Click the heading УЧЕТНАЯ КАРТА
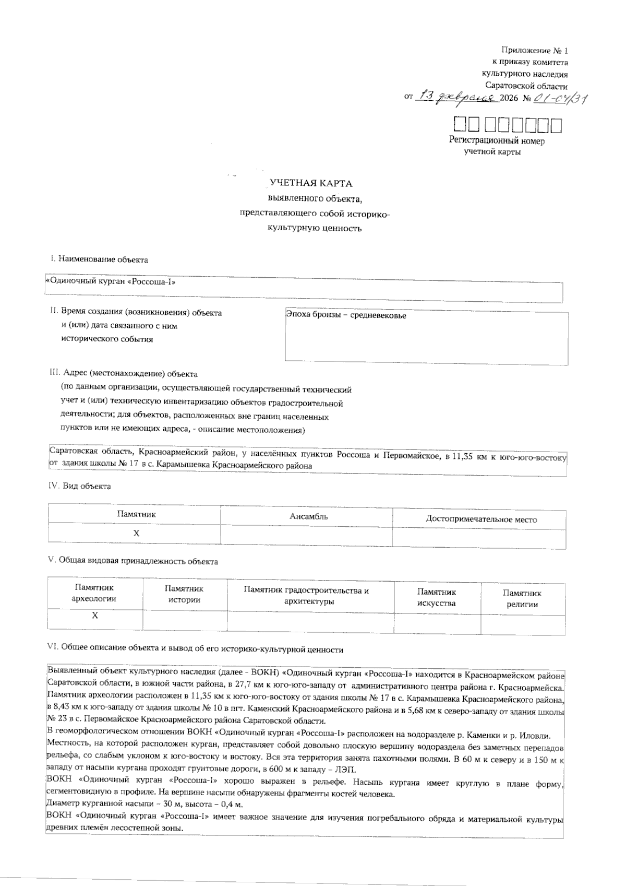click(x=311, y=184)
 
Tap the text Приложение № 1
click(x=534, y=51)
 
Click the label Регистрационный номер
click(x=497, y=141)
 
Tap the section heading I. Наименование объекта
click(x=99, y=259)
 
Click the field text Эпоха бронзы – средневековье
click(x=346, y=315)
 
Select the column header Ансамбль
click(x=308, y=516)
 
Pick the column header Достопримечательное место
click(x=481, y=519)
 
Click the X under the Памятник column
click(x=136, y=534)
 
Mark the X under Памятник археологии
click(x=95, y=616)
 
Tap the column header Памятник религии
click(x=522, y=599)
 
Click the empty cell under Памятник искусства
click(x=437, y=623)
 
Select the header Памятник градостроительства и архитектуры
click(x=306, y=596)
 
